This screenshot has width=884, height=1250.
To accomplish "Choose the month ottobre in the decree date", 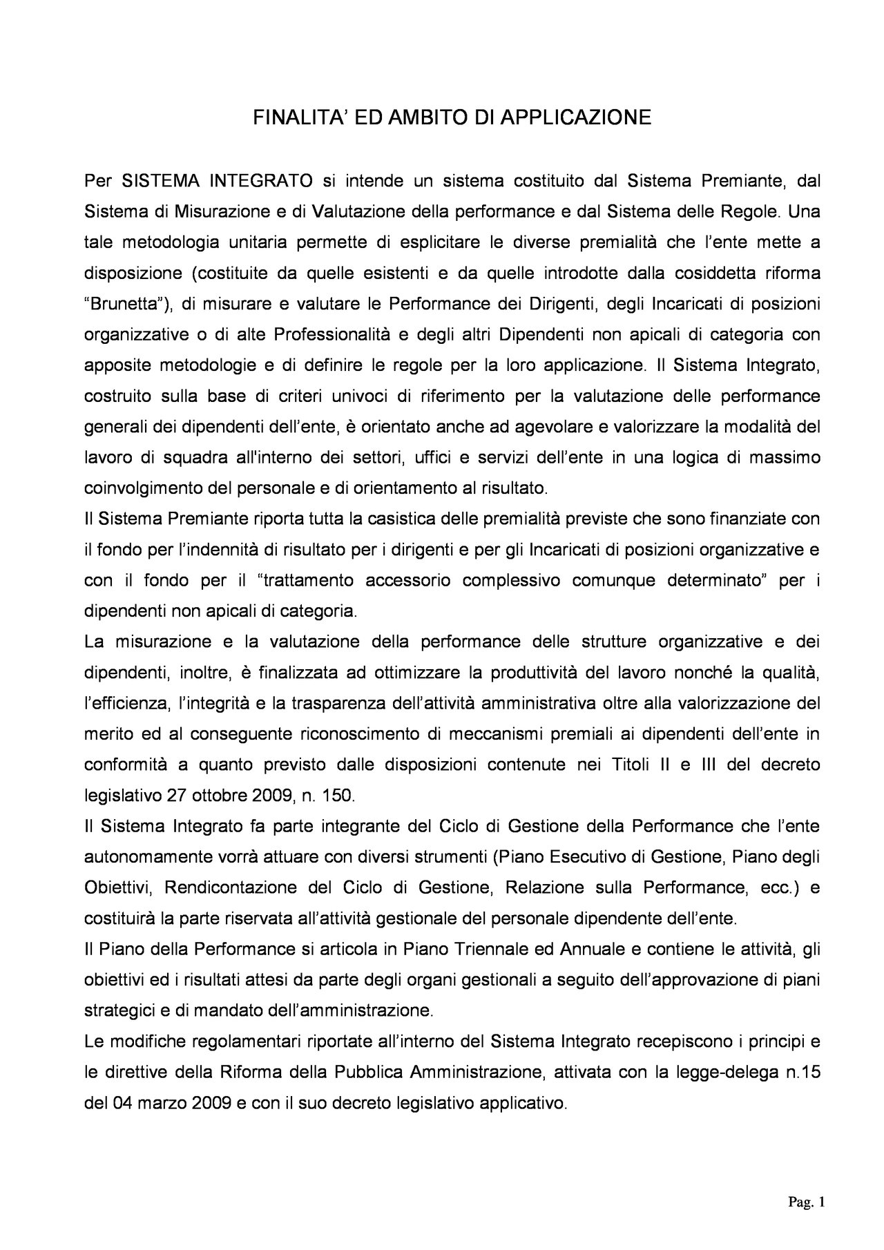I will tap(228, 796).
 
